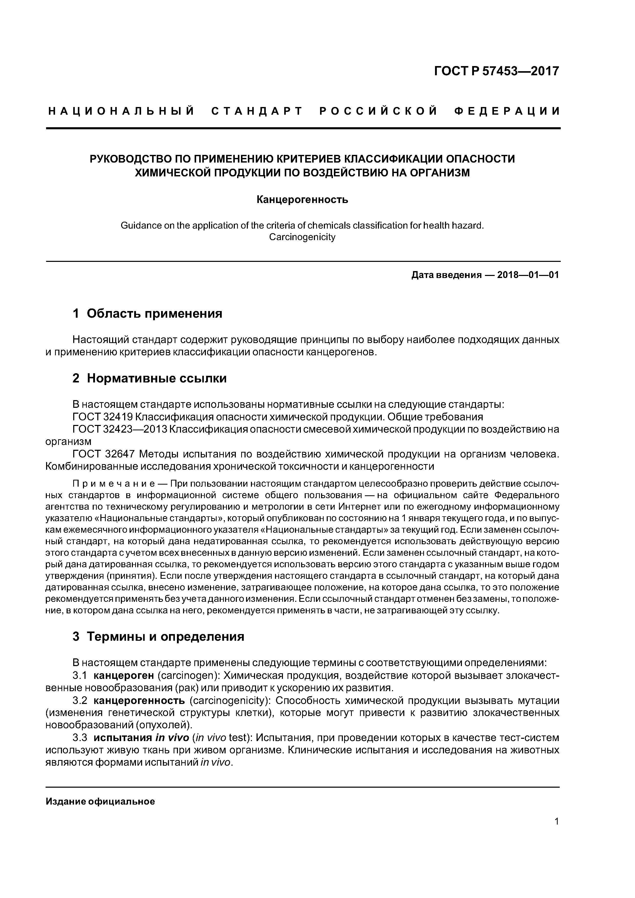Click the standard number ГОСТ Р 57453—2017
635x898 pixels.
496,71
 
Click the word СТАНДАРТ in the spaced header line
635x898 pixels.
257,111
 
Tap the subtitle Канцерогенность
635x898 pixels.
302,200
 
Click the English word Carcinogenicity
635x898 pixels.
302,237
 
